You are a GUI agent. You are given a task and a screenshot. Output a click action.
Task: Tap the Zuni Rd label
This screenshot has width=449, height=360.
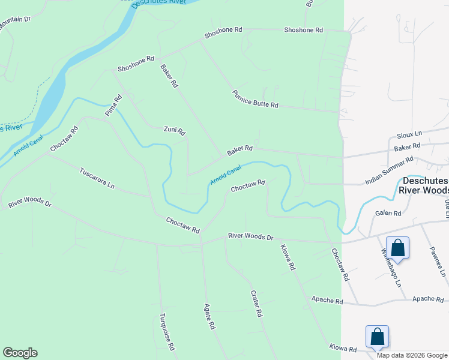click(x=175, y=130)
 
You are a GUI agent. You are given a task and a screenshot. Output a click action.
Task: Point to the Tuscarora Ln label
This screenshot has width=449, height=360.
click(x=97, y=178)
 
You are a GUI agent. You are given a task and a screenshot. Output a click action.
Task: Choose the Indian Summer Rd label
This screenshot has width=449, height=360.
click(x=390, y=170)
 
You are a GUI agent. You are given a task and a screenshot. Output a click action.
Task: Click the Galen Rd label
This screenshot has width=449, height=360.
click(x=388, y=213)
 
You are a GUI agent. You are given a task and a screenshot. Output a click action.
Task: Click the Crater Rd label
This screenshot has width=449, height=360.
click(x=256, y=304)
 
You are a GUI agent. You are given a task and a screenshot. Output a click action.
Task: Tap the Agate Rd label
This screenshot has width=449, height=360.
click(x=209, y=316)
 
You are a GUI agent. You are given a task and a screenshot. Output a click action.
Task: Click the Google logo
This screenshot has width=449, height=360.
click(x=20, y=353)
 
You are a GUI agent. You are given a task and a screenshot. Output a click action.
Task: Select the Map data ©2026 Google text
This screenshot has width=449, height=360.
click(x=411, y=355)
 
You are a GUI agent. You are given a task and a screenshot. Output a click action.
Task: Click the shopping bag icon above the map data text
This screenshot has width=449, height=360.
click(x=378, y=336)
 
